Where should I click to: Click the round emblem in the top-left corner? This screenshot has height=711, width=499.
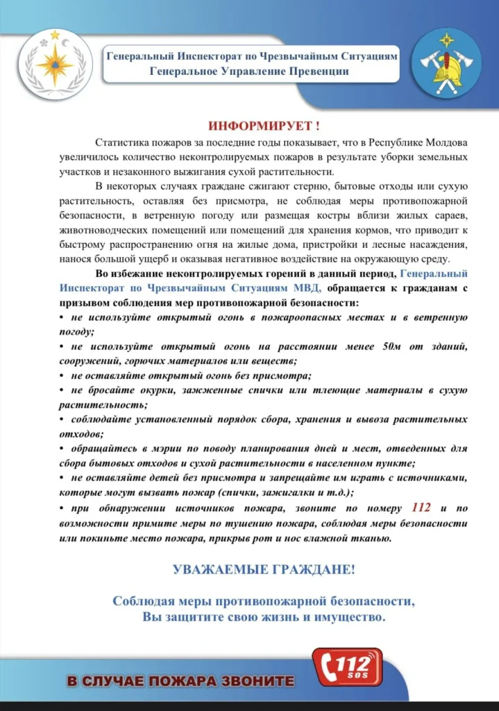(x=55, y=65)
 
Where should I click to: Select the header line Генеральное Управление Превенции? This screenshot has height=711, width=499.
(x=251, y=72)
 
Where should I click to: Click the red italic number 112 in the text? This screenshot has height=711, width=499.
(x=421, y=508)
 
